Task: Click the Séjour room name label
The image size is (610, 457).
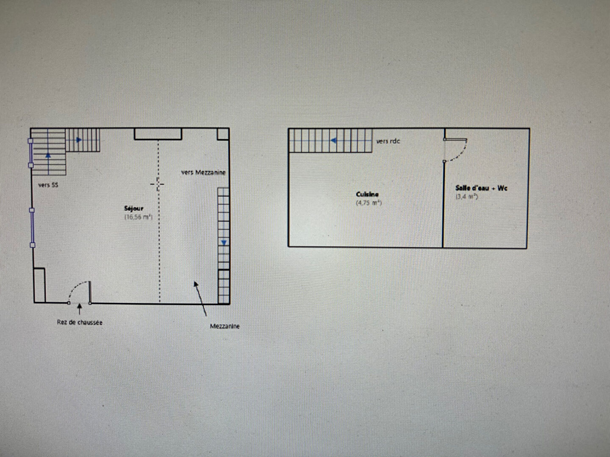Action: coord(134,209)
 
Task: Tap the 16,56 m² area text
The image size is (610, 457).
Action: coord(139,217)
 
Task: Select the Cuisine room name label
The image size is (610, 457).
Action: coord(367,194)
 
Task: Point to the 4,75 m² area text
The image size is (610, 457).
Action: coord(369,203)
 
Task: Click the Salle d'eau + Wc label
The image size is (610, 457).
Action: coord(481,188)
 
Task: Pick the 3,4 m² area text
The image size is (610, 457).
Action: coord(466,197)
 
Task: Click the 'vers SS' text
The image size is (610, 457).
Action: coord(48,185)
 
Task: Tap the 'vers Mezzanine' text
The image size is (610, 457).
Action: coord(203,173)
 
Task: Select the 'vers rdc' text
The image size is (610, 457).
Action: coord(388,141)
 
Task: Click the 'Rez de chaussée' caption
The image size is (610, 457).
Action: coord(80,322)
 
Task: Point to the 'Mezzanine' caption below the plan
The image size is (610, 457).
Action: coord(225,326)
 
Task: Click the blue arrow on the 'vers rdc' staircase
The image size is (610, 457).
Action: coord(333,140)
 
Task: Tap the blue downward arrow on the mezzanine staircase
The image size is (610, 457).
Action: coord(224,243)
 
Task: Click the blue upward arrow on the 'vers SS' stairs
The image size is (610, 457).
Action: coord(48,155)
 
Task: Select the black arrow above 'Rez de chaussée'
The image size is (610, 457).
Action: coord(80,309)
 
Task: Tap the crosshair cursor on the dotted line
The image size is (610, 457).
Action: coord(157,184)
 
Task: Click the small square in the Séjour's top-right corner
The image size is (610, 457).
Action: coord(223,134)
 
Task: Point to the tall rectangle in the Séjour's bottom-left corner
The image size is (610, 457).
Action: coord(39,285)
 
